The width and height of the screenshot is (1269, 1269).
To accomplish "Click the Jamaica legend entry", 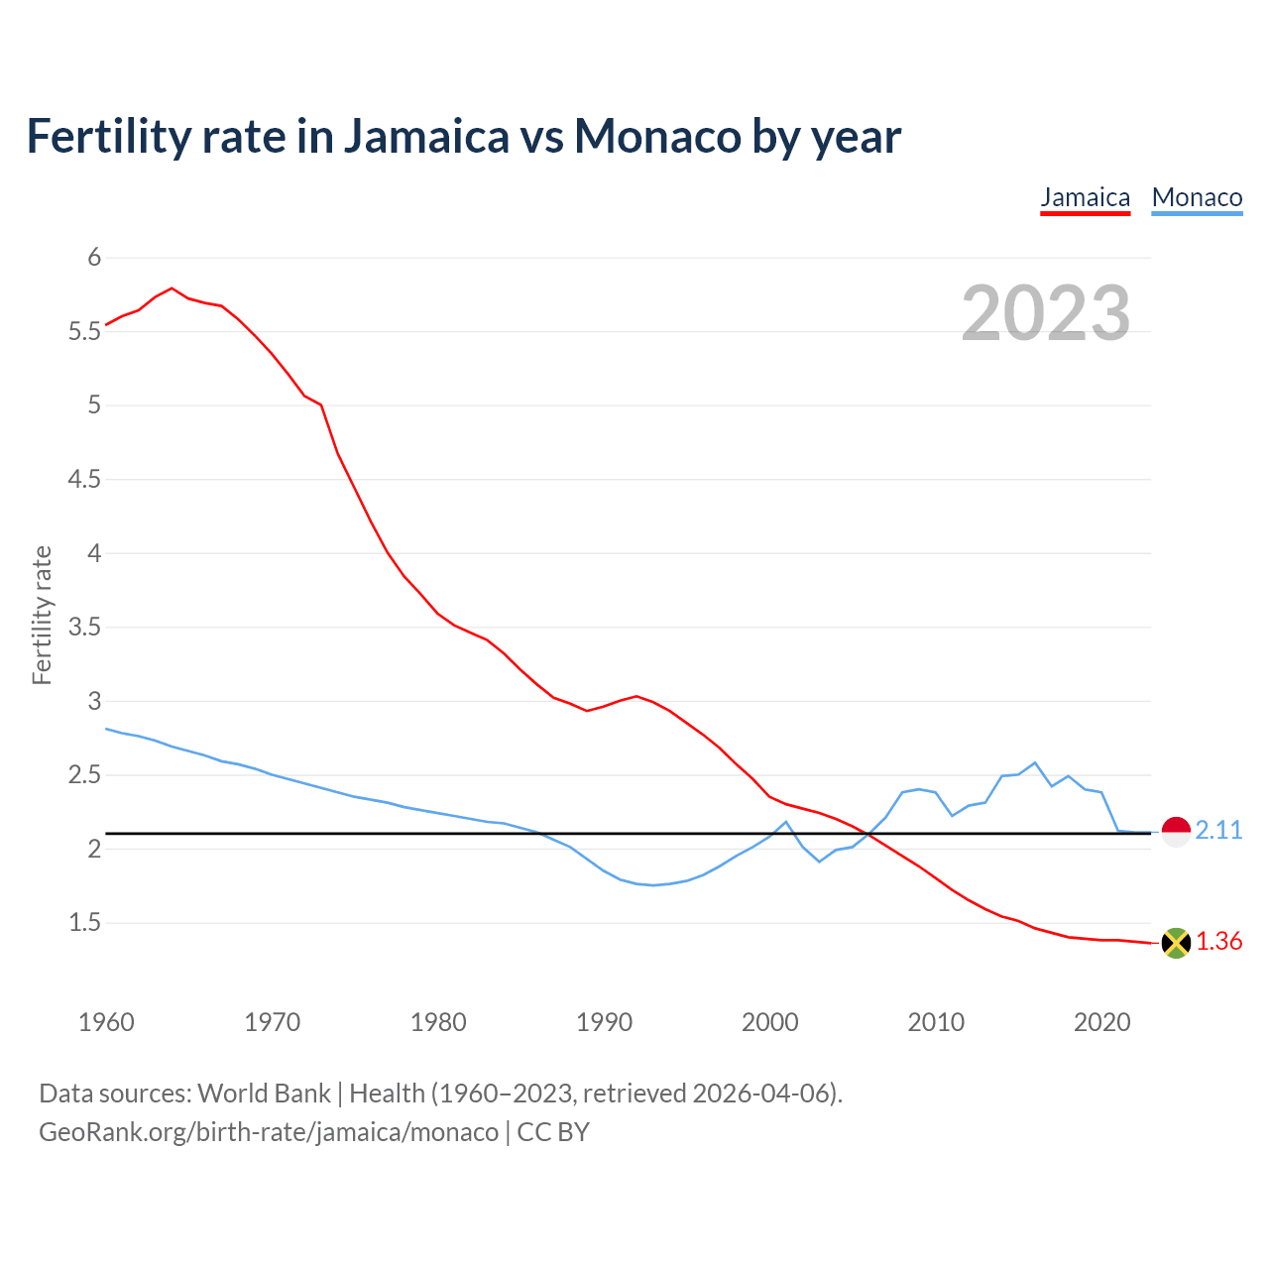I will click(x=1085, y=197).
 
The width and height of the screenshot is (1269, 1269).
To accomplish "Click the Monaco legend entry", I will click(x=1197, y=197).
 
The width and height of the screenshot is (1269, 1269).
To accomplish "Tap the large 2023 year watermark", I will click(x=1046, y=313).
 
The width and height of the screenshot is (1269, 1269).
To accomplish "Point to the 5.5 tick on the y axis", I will click(x=85, y=331).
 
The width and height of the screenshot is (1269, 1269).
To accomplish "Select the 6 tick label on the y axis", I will click(x=95, y=258).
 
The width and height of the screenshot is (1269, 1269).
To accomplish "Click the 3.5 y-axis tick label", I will click(x=85, y=628).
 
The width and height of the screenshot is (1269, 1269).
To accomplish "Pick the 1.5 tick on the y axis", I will click(x=85, y=923).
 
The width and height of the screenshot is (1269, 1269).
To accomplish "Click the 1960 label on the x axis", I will click(x=106, y=1022).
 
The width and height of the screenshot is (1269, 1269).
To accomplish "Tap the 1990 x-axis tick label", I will click(x=604, y=1022).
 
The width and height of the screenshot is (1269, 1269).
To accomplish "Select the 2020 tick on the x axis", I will click(x=1101, y=1022).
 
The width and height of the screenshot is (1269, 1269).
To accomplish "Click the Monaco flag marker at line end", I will click(x=1176, y=832).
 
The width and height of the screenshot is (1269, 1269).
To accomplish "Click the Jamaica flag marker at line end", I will click(x=1176, y=943).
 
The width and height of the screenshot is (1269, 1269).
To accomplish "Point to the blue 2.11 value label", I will click(x=1218, y=831).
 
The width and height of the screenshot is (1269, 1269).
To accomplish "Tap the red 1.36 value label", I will click(x=1218, y=942).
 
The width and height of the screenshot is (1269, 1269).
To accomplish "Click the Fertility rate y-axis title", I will click(x=42, y=615).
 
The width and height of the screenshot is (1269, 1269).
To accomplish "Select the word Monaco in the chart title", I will click(x=657, y=136).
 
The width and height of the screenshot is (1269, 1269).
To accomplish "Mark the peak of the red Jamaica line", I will click(x=173, y=288).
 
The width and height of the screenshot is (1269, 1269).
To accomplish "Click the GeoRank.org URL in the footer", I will click(x=269, y=1132).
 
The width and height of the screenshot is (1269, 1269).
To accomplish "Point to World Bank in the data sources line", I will click(x=264, y=1094).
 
